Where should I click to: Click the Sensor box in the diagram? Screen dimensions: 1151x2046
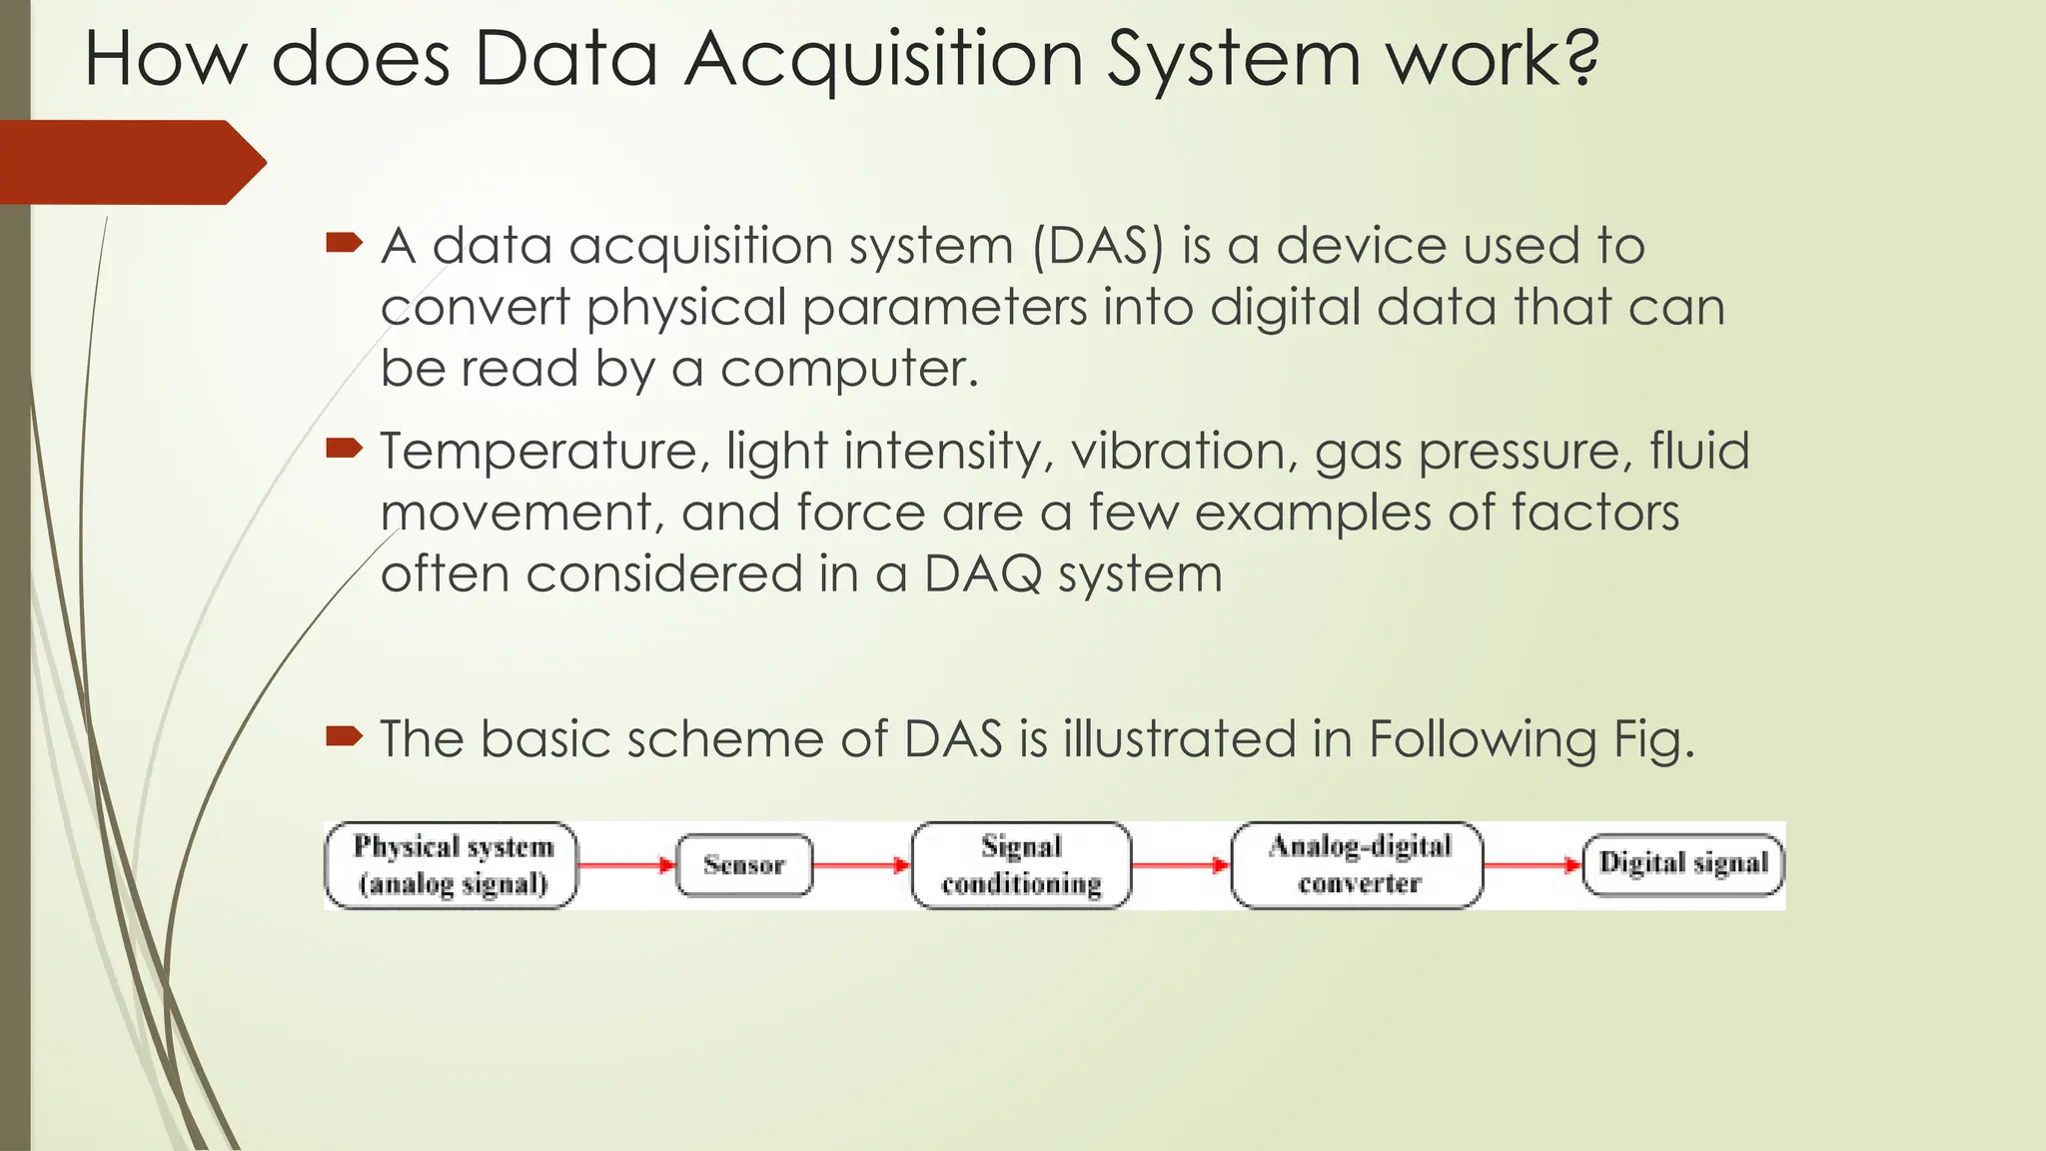[x=744, y=865]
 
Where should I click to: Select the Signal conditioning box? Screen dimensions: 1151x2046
[x=1021, y=865]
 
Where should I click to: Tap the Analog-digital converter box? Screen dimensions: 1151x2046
[x=1358, y=865]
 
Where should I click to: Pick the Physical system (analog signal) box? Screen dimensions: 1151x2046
[x=452, y=865]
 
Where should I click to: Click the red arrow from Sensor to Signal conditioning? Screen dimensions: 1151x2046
[x=861, y=865]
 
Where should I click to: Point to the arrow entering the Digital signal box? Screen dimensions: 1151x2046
[x=1533, y=865]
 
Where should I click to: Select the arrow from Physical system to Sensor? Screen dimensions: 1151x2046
[x=627, y=865]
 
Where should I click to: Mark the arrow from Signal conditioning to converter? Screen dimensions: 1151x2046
[x=1181, y=865]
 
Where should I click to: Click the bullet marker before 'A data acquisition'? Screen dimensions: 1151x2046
[x=343, y=243]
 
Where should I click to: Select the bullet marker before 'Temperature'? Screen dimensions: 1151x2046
[x=343, y=449]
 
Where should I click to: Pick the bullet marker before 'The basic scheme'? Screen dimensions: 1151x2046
[x=343, y=737]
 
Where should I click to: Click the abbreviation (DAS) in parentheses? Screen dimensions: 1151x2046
[x=1098, y=246]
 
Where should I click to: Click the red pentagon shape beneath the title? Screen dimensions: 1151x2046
[x=130, y=163]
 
